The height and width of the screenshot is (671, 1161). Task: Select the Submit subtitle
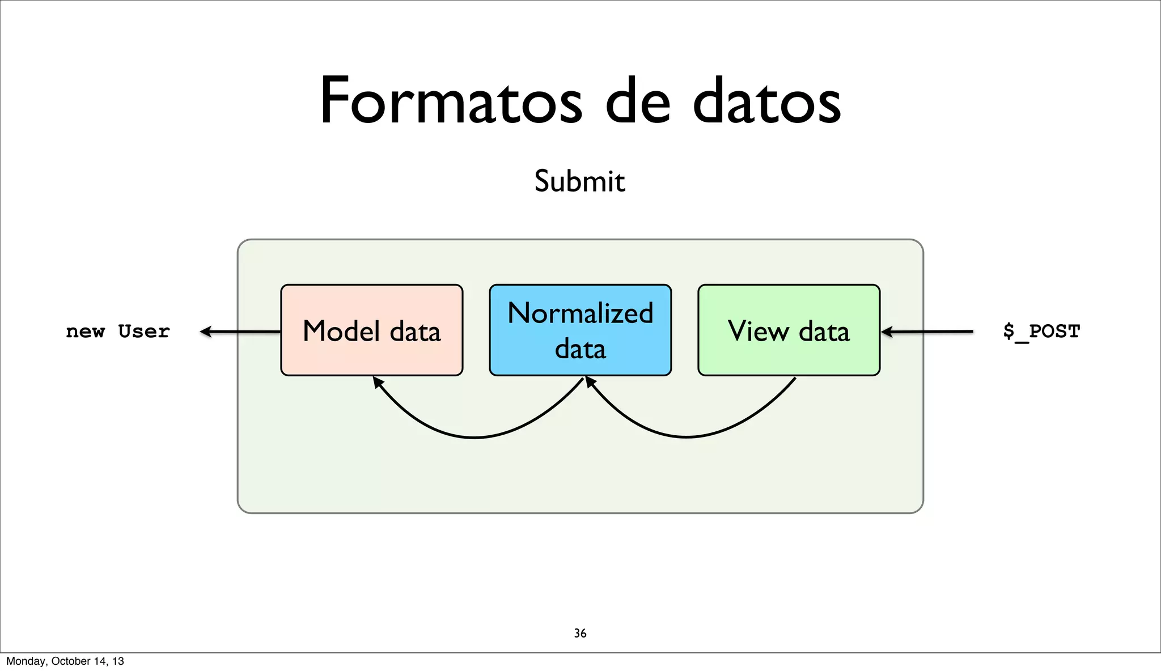(x=579, y=181)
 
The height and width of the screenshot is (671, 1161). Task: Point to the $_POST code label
(x=1041, y=331)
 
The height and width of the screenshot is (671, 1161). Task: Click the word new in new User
(x=85, y=332)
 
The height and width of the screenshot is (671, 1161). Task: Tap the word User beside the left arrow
(x=144, y=332)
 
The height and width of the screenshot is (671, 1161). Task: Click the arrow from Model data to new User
(x=241, y=332)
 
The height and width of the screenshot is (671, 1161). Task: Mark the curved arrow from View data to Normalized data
(x=687, y=437)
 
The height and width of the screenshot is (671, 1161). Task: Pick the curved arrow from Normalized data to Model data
(x=475, y=438)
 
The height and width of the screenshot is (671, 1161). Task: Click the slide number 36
(x=580, y=633)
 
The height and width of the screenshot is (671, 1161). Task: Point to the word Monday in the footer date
(x=26, y=661)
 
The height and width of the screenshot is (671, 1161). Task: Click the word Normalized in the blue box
(x=580, y=313)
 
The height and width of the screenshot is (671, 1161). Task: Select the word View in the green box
(x=757, y=332)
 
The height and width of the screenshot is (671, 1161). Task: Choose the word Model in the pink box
(x=341, y=332)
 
